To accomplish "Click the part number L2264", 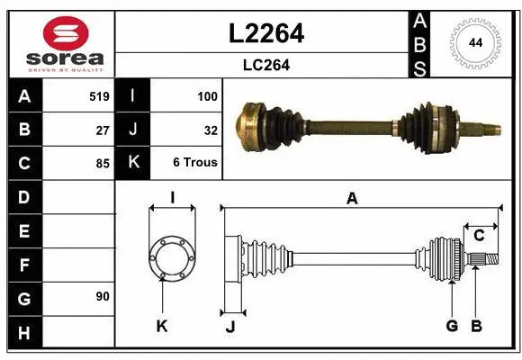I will tap(266, 34).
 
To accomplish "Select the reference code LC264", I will tap(266, 65).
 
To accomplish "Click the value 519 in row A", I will tap(99, 95).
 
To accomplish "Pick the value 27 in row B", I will tap(103, 130).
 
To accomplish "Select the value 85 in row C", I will tap(103, 164).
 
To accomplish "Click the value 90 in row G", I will tap(102, 296).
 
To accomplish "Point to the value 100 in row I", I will tap(207, 95).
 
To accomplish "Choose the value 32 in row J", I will tap(211, 130).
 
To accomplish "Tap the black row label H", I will tap(23, 334).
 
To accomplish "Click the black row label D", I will tap(23, 196).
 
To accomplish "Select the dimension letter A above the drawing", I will tap(352, 199).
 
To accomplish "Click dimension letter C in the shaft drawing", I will tap(479, 236).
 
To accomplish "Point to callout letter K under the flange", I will tap(162, 326).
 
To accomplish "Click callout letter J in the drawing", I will tap(229, 326).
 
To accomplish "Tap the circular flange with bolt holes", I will tap(171, 258).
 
